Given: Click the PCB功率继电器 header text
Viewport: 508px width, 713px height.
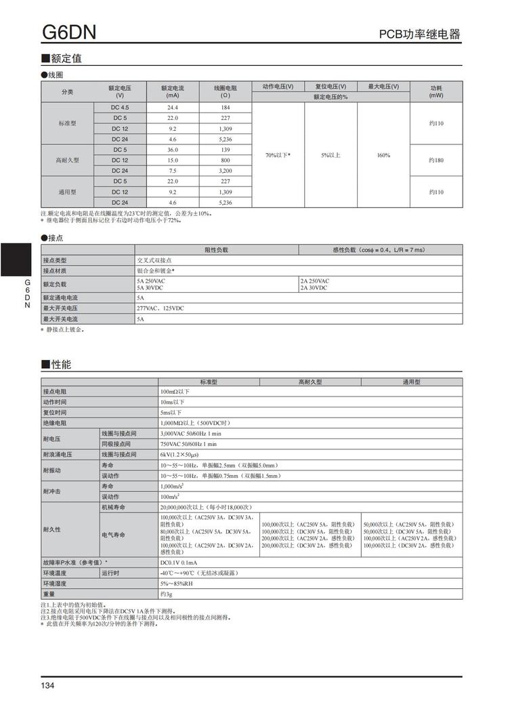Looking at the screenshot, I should (x=419, y=35).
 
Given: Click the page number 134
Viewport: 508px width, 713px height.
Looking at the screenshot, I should (x=47, y=686).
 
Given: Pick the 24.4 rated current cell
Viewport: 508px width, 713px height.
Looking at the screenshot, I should (x=173, y=108).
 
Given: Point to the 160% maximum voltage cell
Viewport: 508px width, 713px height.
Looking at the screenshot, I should (x=383, y=155).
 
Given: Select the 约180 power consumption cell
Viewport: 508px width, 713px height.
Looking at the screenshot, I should (x=436, y=160).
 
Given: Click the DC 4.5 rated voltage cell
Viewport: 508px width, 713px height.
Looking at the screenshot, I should (x=120, y=108).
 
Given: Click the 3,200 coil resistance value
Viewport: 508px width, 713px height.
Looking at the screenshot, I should (x=225, y=171).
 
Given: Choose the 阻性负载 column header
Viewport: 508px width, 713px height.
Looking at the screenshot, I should (x=216, y=250).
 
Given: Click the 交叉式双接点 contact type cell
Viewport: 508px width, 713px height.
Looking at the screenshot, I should (x=154, y=260).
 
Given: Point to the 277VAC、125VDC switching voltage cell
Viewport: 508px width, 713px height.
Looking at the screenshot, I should (x=161, y=308).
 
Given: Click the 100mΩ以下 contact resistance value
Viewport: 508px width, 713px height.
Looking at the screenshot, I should (x=175, y=392).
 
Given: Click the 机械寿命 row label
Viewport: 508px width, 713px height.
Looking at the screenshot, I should (x=114, y=507).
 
